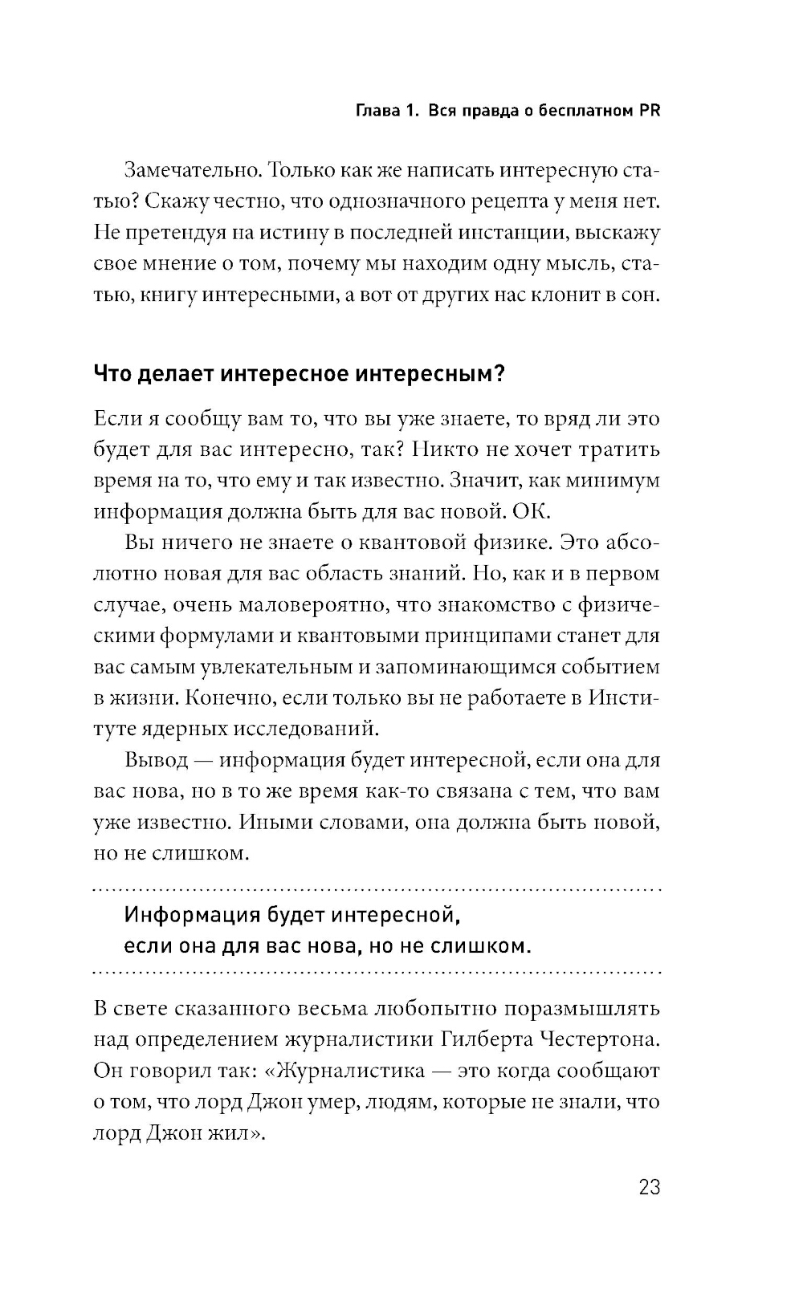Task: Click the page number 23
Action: click(x=648, y=1187)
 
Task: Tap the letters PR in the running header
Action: click(x=649, y=112)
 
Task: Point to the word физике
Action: click(x=509, y=543)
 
